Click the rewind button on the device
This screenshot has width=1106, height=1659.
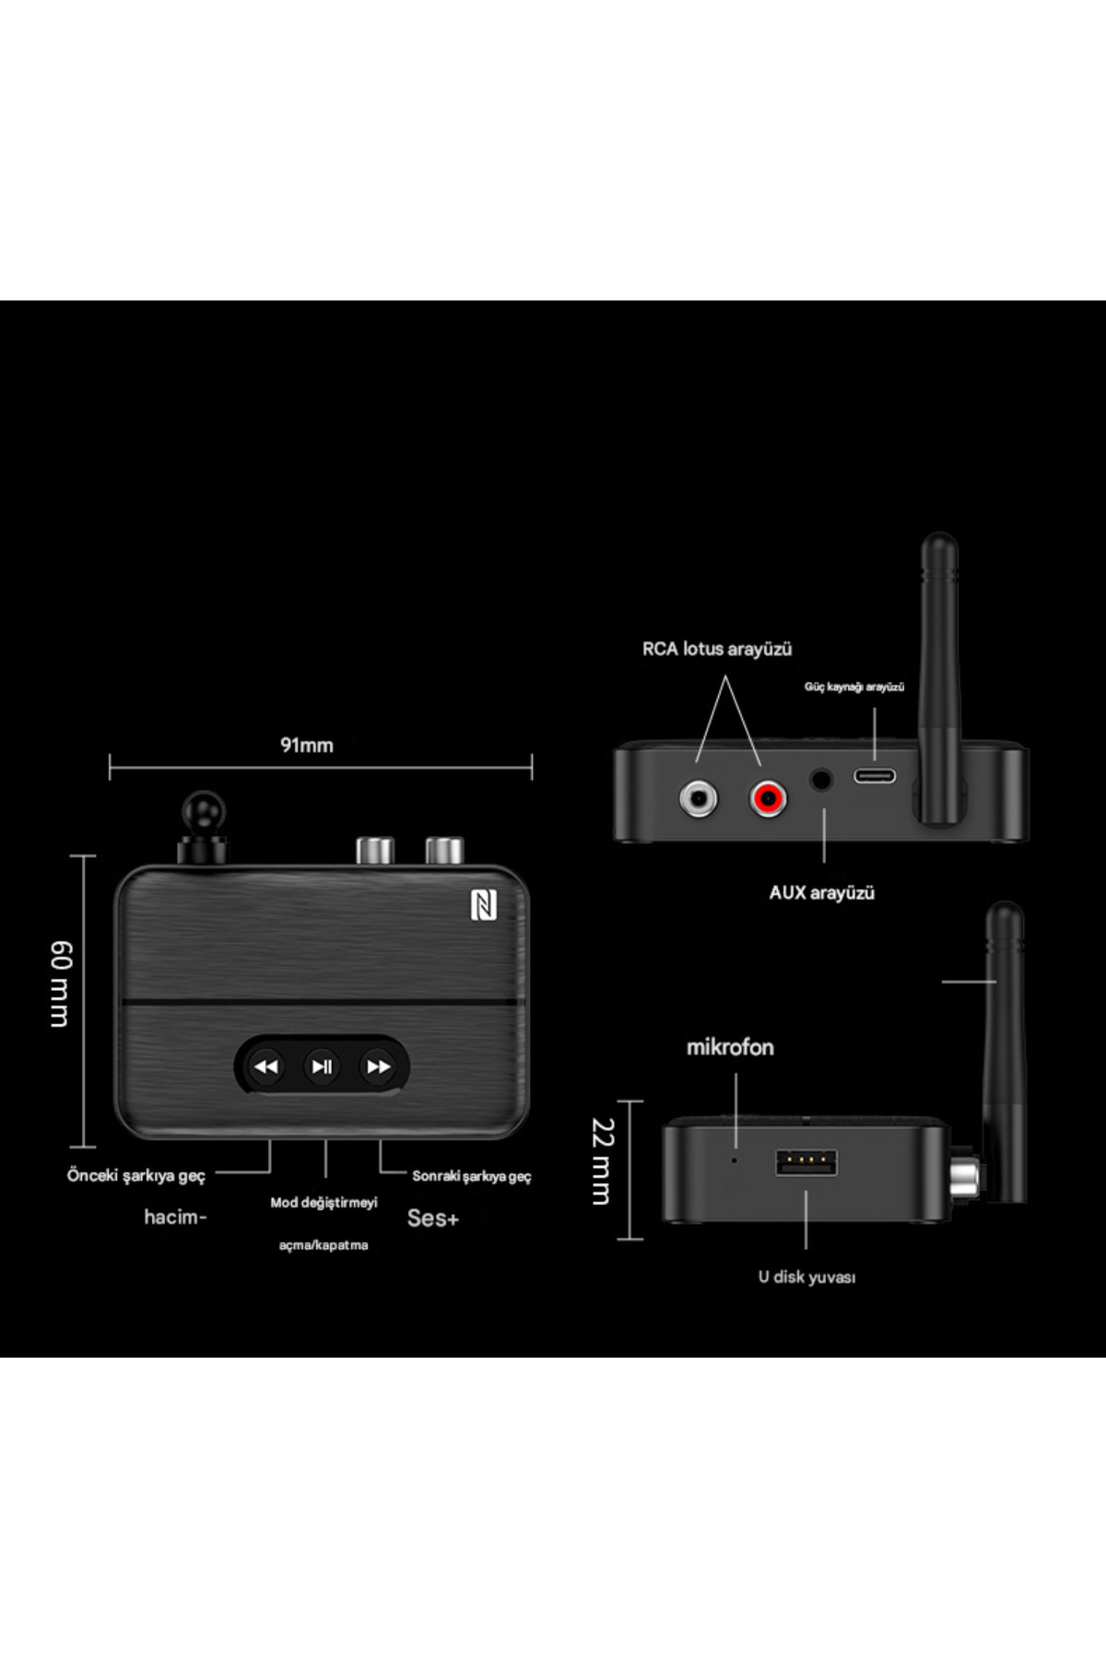pyautogui.click(x=266, y=1066)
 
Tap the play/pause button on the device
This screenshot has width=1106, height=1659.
pyautogui.click(x=322, y=1066)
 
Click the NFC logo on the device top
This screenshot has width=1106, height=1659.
pyautogui.click(x=484, y=905)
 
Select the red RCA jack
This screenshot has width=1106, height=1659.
pyautogui.click(x=768, y=797)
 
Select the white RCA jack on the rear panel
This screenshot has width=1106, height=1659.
pyautogui.click(x=698, y=797)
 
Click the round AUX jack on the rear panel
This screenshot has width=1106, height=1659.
pyautogui.click(x=821, y=781)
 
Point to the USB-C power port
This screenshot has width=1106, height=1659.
pyautogui.click(x=874, y=775)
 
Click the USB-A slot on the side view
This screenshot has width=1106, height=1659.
pyautogui.click(x=806, y=1163)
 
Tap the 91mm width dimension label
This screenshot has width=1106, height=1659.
pyautogui.click(x=307, y=745)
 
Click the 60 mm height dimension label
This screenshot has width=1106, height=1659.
pyautogui.click(x=60, y=983)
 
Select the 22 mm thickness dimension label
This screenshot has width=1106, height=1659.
pyautogui.click(x=602, y=1161)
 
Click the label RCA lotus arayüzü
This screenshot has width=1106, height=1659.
pyautogui.click(x=717, y=649)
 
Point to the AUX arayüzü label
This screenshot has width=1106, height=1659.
pyautogui.click(x=821, y=892)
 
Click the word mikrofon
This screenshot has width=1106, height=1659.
pyautogui.click(x=730, y=1047)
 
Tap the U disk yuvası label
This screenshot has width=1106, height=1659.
pyautogui.click(x=806, y=1277)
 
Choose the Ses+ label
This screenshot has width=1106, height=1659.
pyautogui.click(x=432, y=1218)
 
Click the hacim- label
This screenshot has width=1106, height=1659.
pyautogui.click(x=175, y=1217)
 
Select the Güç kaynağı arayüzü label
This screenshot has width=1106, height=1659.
pyautogui.click(x=853, y=687)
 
